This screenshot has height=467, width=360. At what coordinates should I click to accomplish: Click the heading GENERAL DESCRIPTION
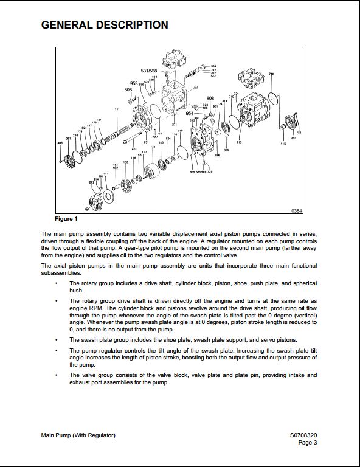[x=104, y=25]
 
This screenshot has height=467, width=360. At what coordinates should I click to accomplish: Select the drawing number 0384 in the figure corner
[x=296, y=210]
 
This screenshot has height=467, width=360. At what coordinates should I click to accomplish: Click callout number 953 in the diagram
[x=134, y=83]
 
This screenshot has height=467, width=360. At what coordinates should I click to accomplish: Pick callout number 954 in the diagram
[x=189, y=113]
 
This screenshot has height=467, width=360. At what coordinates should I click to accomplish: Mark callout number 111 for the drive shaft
[x=117, y=109]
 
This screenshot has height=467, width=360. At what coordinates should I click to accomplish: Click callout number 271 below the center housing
[x=174, y=125]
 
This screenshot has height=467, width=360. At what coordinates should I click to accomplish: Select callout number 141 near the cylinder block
[x=153, y=147]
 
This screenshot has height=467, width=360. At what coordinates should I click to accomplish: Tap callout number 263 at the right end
[x=293, y=138]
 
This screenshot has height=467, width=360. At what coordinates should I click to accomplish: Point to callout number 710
[x=271, y=74]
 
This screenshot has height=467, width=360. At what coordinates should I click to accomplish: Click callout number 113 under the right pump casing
[x=239, y=142]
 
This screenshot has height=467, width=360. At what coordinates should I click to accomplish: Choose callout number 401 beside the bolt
[x=134, y=148]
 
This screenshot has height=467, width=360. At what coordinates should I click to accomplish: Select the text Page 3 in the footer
[x=307, y=443]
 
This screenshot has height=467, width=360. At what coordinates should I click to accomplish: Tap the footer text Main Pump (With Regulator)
[x=78, y=435]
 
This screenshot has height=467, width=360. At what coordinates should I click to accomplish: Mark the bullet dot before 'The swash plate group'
[x=57, y=339]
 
